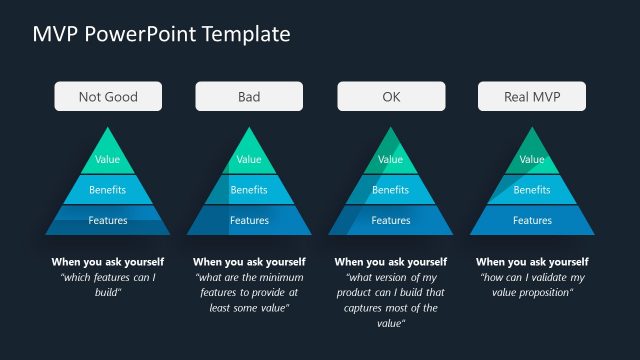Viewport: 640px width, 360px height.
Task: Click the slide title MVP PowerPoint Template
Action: pyautogui.click(x=162, y=34)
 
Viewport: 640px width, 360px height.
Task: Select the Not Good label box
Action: pyautogui.click(x=108, y=97)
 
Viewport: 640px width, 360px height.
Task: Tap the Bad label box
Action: pyautogui.click(x=249, y=97)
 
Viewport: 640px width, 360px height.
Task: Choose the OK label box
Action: pyautogui.click(x=391, y=97)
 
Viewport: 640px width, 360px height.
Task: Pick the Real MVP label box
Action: pyautogui.click(x=532, y=97)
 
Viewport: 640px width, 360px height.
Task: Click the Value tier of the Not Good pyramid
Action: pyautogui.click(x=108, y=158)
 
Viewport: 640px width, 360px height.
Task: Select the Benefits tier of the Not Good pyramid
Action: pyautogui.click(x=108, y=189)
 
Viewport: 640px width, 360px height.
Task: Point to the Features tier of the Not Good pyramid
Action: pyautogui.click(x=108, y=220)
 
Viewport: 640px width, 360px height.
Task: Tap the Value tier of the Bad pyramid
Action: pyautogui.click(x=249, y=158)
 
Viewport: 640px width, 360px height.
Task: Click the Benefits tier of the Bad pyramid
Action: pyautogui.click(x=249, y=189)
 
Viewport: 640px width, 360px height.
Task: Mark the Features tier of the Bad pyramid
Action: pyautogui.click(x=249, y=220)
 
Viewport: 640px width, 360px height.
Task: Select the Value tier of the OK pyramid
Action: pyautogui.click(x=391, y=158)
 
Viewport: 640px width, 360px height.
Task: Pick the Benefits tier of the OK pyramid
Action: pyautogui.click(x=391, y=189)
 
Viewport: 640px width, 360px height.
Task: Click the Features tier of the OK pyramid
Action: pyautogui.click(x=391, y=220)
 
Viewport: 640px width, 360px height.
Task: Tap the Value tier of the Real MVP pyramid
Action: pyautogui.click(x=532, y=158)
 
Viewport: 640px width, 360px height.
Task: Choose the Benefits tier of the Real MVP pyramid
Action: pyautogui.click(x=532, y=189)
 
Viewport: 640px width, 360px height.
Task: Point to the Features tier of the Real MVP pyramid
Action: pyautogui.click(x=532, y=220)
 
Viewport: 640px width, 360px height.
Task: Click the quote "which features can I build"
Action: pyautogui.click(x=108, y=284)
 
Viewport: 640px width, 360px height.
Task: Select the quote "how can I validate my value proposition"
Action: pyautogui.click(x=532, y=284)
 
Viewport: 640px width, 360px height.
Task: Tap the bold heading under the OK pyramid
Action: pyautogui.click(x=391, y=262)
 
